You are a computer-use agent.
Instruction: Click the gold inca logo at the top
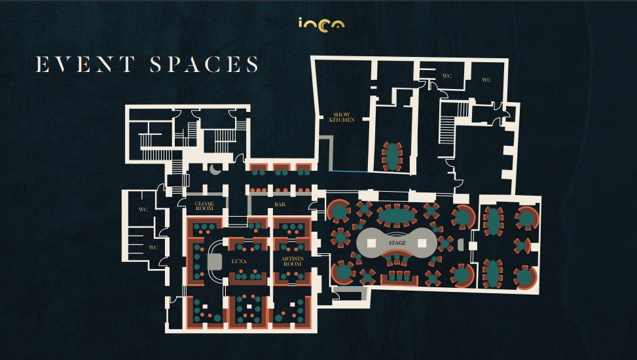click(321, 24)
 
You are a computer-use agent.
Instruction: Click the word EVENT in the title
click(85, 65)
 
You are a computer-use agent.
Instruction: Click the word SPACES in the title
click(204, 65)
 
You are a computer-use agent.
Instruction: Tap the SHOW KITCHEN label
click(342, 117)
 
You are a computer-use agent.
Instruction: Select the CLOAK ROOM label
click(204, 206)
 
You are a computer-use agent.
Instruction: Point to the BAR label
click(280, 204)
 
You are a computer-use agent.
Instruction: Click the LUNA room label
click(239, 261)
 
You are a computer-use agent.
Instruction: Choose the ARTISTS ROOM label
click(292, 261)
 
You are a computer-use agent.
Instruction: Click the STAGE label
click(397, 243)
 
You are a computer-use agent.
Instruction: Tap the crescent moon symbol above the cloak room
click(215, 170)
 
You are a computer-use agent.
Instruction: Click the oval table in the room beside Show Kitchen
click(392, 156)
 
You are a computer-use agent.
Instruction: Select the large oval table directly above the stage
click(396, 215)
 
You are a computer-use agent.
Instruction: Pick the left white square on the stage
click(371, 243)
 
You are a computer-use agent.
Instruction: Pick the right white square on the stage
click(422, 243)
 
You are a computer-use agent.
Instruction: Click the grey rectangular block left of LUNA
click(215, 262)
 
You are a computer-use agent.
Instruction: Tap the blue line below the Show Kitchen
click(350, 171)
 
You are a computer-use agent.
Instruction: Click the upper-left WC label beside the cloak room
click(143, 209)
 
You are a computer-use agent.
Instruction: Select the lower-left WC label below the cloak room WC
click(153, 247)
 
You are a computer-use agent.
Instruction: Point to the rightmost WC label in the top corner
click(486, 80)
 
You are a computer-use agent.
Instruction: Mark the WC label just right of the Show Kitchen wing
click(446, 76)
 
